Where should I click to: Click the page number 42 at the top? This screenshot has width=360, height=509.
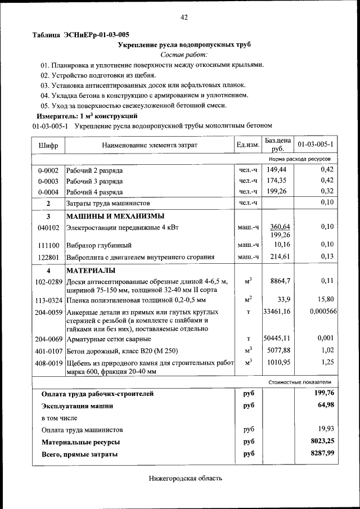[x=184, y=17]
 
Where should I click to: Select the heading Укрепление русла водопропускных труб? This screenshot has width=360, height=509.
[x=184, y=44]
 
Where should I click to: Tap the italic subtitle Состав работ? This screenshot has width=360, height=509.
[x=184, y=55]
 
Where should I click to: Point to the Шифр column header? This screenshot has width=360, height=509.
[x=48, y=145]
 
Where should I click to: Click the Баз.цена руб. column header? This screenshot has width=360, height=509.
[x=277, y=145]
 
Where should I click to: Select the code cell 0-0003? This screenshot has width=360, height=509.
[x=48, y=181]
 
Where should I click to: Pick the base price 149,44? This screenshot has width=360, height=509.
[x=277, y=170]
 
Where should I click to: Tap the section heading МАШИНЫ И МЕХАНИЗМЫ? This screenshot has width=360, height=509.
[x=115, y=216]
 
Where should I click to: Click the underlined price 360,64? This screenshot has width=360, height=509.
[x=280, y=226]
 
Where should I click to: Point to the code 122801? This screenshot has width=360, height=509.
[x=48, y=257]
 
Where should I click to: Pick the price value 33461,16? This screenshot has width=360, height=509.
[x=277, y=311]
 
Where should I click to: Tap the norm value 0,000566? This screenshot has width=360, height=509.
[x=323, y=311]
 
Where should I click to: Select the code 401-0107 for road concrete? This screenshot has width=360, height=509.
[x=48, y=350]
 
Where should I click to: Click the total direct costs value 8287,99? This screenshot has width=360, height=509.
[x=322, y=453]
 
